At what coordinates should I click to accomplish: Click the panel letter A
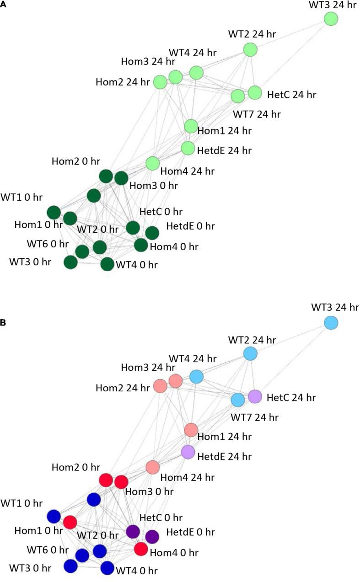point(3,3)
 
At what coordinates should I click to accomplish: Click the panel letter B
point(3,310)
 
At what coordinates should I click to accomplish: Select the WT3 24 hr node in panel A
point(331,19)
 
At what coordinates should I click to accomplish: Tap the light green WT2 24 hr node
point(250,49)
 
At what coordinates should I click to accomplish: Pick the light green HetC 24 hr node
point(254,92)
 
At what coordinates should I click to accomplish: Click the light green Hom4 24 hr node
point(152,163)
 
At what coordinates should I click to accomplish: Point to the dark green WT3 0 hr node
point(70,262)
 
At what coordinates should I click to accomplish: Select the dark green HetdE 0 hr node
point(152,233)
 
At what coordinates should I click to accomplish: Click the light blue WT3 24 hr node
point(331,323)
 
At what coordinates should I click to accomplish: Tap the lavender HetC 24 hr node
point(255,396)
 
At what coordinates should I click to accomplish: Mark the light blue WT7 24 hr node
point(237,400)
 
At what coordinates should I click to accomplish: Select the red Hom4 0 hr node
point(141,549)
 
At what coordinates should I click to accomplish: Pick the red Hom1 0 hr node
point(70,522)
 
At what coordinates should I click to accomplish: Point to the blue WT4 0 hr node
point(107,568)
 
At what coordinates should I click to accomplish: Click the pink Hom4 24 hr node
point(152,467)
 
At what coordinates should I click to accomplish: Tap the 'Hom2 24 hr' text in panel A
point(123,82)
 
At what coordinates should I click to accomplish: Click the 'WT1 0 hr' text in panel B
point(21,503)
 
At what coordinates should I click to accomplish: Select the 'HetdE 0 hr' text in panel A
point(190,226)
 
